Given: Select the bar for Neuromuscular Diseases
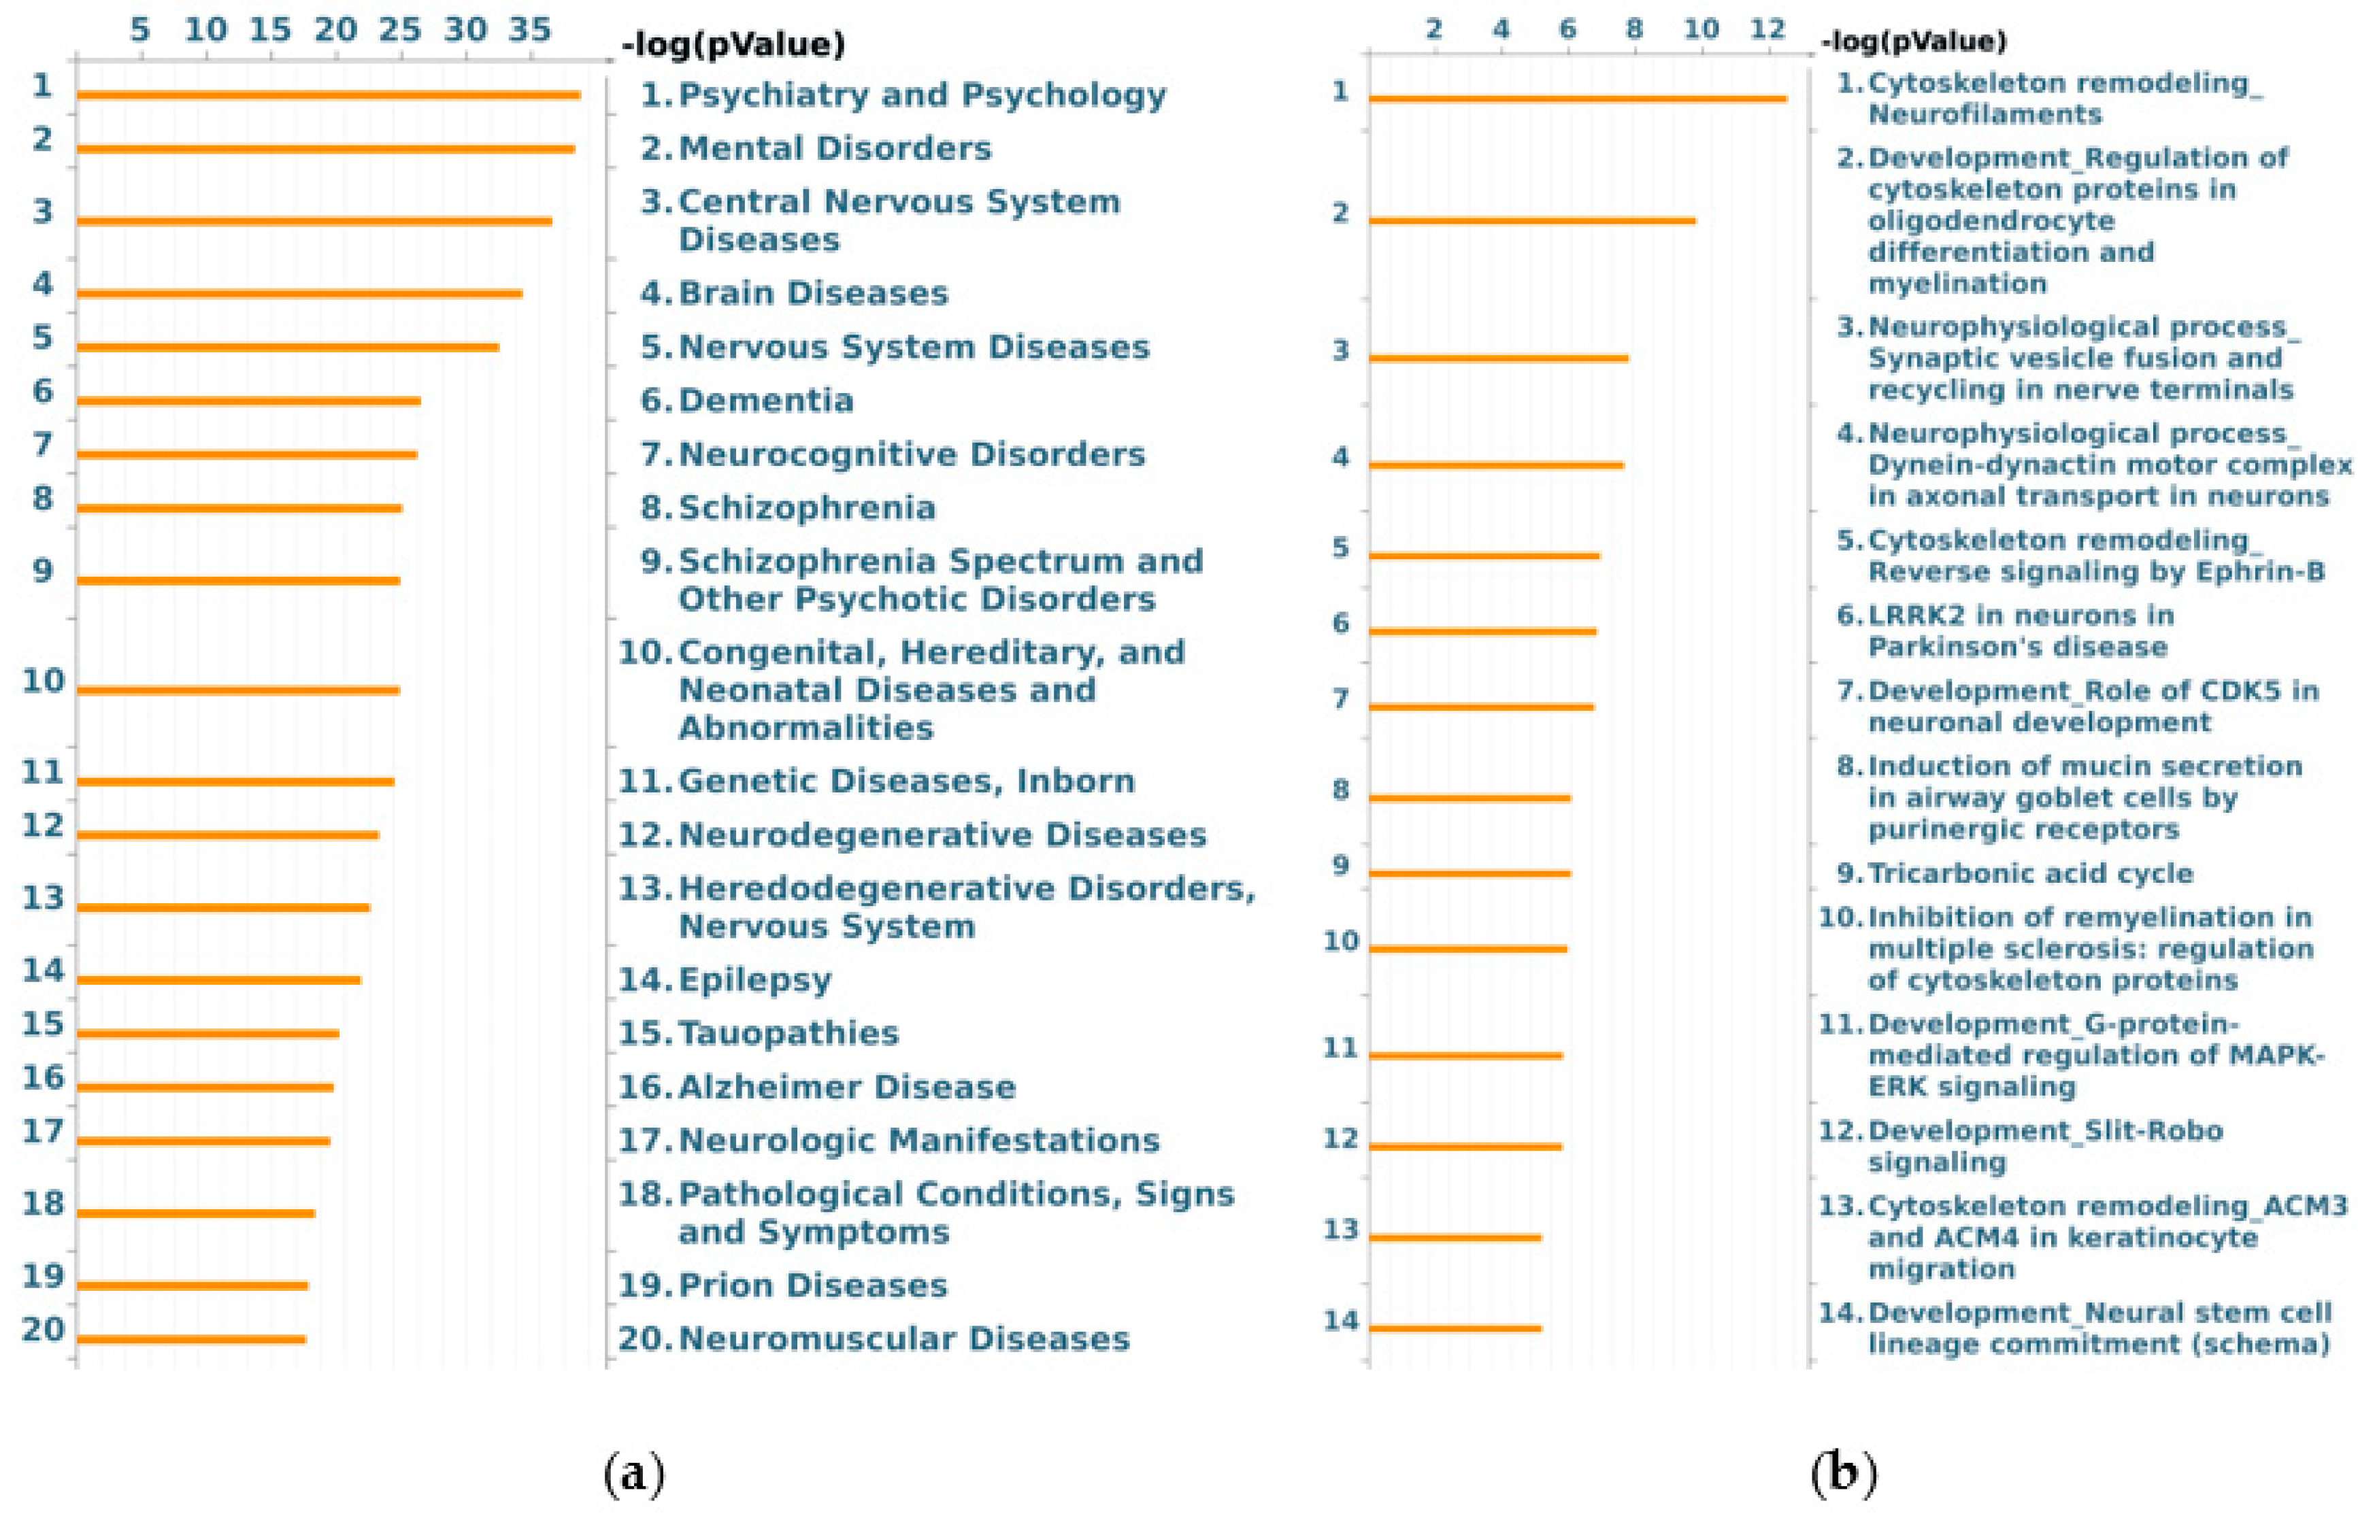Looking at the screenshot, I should tap(191, 1338).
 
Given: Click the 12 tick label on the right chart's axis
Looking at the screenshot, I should tap(1767, 29).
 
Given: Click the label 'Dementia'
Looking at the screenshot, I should tap(766, 401).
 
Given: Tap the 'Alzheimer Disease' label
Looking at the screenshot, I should tap(847, 1087).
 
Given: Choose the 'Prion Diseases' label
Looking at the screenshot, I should tap(812, 1285).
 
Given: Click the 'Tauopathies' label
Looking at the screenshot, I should tap(788, 1034).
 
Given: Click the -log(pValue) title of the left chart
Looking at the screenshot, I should tap(733, 44).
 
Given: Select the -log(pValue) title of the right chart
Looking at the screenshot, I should tap(1913, 41).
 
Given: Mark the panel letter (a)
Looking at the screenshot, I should tap(634, 1474).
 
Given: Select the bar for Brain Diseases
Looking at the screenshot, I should tap(299, 293).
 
